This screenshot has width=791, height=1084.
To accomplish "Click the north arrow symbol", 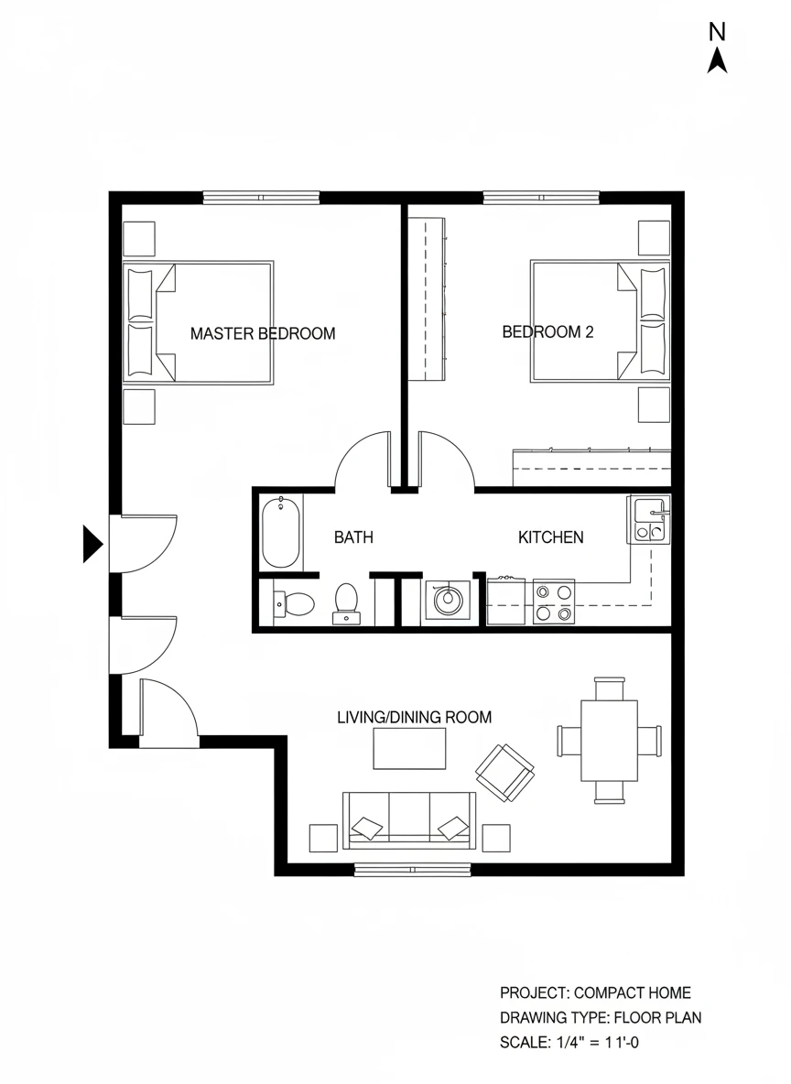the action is click(717, 60).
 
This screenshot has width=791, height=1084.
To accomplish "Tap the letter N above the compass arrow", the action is click(717, 32).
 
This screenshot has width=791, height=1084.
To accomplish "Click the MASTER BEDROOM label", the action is click(263, 334).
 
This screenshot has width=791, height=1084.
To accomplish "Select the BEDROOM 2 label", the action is click(547, 331).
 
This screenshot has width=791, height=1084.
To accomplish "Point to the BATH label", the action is click(353, 537).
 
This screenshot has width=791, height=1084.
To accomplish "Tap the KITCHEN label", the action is click(551, 537).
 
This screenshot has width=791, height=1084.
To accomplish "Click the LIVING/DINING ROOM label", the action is click(414, 718).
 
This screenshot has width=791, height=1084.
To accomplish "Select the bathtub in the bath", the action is click(281, 532).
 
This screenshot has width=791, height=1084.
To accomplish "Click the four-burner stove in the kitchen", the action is click(554, 602).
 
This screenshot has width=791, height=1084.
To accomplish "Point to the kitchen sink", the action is click(649, 518).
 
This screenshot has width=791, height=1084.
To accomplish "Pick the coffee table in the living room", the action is click(409, 749).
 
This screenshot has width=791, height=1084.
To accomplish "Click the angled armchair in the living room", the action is click(504, 773).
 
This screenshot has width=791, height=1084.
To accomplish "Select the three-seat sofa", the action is click(409, 820).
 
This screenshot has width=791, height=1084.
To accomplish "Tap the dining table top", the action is click(609, 741).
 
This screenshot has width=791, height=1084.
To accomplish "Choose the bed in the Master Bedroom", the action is click(199, 322).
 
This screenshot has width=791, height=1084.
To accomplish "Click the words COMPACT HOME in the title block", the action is click(633, 992).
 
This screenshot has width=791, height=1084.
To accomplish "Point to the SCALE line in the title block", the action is click(569, 1042).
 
